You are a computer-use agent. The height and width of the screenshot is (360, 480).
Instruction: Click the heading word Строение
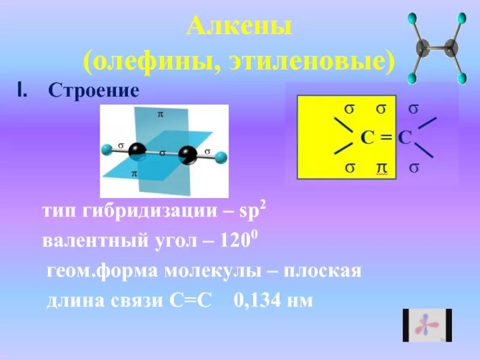(93, 91)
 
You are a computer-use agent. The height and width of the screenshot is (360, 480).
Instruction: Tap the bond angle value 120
(235, 241)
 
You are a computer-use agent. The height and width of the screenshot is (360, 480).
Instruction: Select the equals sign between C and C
(386, 137)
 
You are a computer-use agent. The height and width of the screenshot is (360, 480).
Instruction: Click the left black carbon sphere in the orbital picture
(137, 151)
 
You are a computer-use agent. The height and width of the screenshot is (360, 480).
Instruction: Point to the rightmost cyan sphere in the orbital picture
(221, 158)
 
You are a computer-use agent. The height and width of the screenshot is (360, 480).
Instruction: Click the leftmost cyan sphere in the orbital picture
(107, 148)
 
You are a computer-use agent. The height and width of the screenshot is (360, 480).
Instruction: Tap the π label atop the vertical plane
(160, 113)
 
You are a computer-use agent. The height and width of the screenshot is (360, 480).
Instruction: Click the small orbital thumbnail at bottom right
(427, 325)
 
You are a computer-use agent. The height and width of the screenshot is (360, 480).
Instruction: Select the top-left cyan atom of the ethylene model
(413, 19)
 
